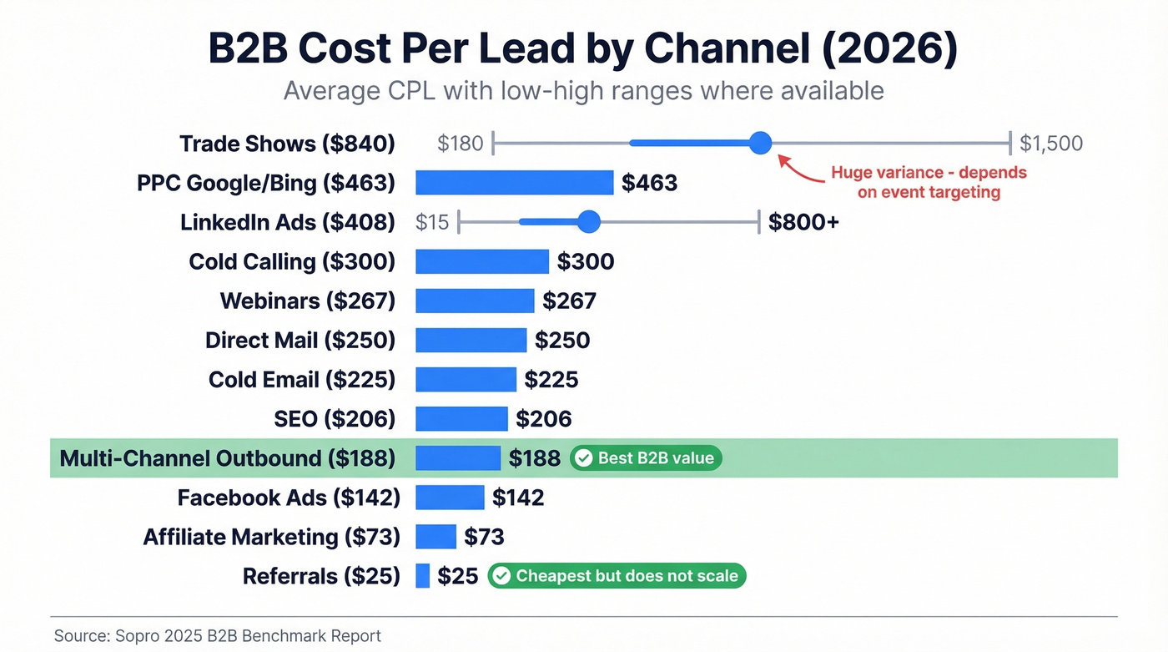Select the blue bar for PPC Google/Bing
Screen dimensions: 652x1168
coord(514,183)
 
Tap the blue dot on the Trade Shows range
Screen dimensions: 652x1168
coord(760,143)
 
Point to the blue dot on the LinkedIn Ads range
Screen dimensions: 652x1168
coord(589,222)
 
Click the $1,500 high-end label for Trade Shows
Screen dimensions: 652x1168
coord(1051,144)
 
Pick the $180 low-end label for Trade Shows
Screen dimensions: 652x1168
coord(460,144)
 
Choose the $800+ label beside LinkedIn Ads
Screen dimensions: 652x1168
coord(803,222)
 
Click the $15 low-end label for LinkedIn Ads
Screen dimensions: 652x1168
coord(432,222)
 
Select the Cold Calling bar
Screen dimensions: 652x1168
coord(481,261)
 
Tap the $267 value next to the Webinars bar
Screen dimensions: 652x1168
coord(569,301)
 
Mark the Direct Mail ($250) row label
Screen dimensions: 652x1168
coord(300,341)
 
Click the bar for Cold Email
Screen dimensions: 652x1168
coord(466,380)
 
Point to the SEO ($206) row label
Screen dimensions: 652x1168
coord(334,419)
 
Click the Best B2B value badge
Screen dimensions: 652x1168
coord(646,458)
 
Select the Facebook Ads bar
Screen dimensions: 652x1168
coord(450,498)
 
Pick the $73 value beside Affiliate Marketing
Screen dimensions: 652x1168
coord(484,537)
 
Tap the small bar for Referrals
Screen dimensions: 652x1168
coord(422,576)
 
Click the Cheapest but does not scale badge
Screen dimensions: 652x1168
coord(617,576)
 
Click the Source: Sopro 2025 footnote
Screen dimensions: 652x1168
coord(218,635)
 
